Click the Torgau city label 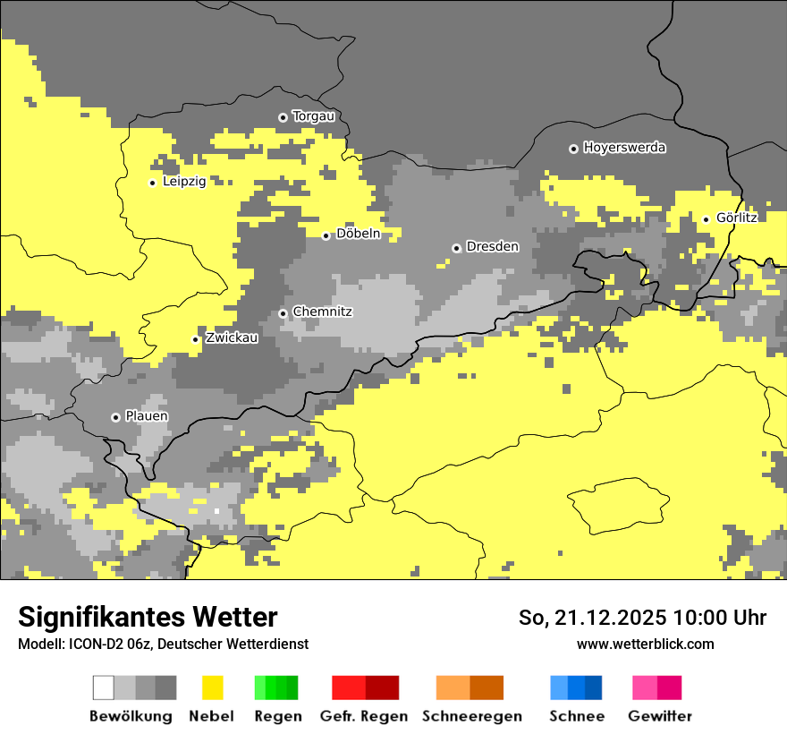(313, 116)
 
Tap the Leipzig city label (184, 182)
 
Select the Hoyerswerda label (624, 148)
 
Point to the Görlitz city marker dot (706, 219)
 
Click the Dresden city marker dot (456, 248)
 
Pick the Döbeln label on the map (358, 235)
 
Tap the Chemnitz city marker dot (283, 313)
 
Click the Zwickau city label (231, 338)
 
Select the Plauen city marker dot (115, 417)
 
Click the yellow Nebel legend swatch (212, 687)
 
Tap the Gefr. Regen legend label (364, 716)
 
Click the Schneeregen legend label (471, 716)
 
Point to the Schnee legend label (576, 716)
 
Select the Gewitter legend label (660, 716)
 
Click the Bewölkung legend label (131, 716)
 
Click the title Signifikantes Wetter (148, 618)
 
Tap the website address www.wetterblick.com (645, 645)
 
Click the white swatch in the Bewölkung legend (104, 687)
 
